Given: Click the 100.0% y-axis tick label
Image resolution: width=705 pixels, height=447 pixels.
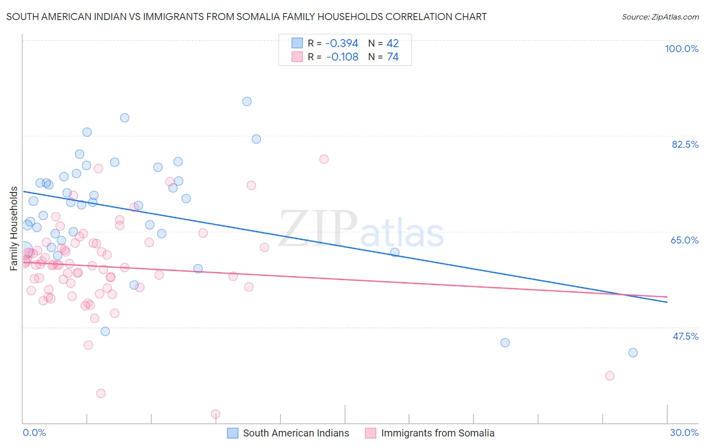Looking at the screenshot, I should pyautogui.click(x=681, y=49).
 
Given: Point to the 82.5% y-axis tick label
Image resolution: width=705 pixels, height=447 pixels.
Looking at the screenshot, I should pyautogui.click(x=685, y=144).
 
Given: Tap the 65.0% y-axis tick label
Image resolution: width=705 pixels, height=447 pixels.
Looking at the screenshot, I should pyautogui.click(x=684, y=240).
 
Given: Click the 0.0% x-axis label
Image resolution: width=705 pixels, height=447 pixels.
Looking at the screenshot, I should pyautogui.click(x=34, y=432).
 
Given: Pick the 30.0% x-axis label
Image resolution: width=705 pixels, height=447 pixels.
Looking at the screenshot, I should pyautogui.click(x=684, y=432).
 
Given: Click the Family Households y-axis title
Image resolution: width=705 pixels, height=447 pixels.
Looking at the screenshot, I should pyautogui.click(x=14, y=229).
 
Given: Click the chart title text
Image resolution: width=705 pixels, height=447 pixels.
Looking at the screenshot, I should pyautogui.click(x=246, y=17).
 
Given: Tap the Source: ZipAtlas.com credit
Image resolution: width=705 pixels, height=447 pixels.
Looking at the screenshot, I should pyautogui.click(x=660, y=17).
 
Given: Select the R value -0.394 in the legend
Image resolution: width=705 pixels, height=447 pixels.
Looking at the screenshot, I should pyautogui.click(x=342, y=43).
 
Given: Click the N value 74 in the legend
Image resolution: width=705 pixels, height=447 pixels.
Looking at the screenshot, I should pyautogui.click(x=393, y=57).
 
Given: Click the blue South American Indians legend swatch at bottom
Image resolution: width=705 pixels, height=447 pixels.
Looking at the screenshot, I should pyautogui.click(x=233, y=433).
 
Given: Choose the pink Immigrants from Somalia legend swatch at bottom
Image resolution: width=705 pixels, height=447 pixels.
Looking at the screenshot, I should pyautogui.click(x=371, y=433).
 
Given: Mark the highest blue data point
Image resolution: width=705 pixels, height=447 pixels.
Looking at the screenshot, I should pyautogui.click(x=247, y=101).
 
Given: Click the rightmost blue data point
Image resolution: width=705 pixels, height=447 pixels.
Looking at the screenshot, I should pyautogui.click(x=633, y=353).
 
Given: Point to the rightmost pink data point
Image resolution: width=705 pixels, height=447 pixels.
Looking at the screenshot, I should pyautogui.click(x=610, y=376).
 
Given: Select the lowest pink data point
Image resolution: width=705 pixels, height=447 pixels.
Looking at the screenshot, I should pyautogui.click(x=216, y=414).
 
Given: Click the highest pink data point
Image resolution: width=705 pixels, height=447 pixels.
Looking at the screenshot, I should pyautogui.click(x=324, y=159).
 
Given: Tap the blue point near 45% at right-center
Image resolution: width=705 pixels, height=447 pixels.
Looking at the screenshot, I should pyautogui.click(x=505, y=343).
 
